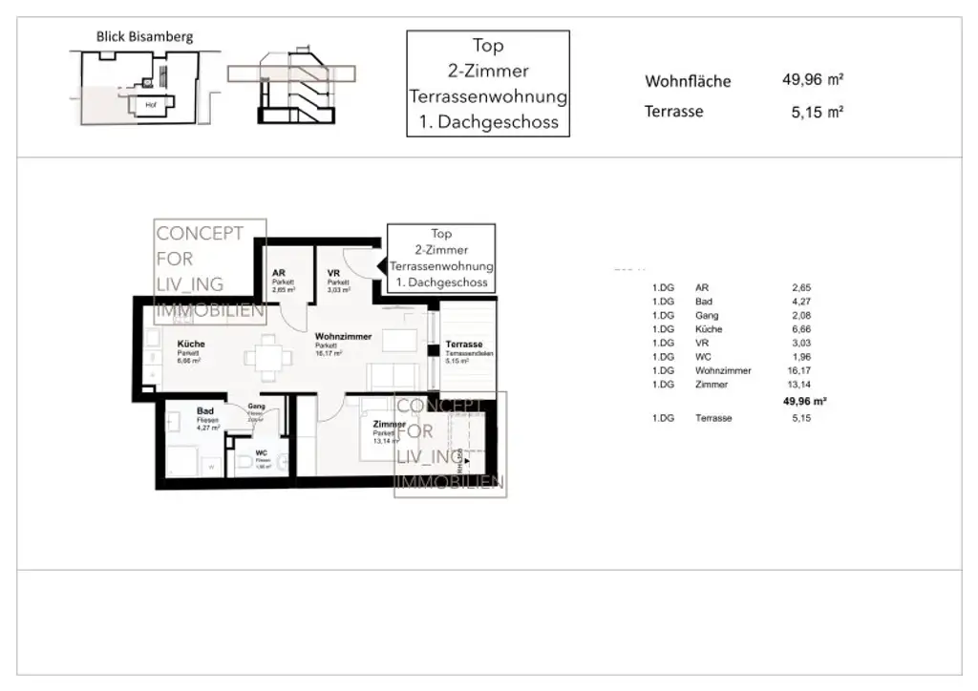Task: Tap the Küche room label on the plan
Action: coord(191,345)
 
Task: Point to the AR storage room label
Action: coord(278,273)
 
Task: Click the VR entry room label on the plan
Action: coord(333,273)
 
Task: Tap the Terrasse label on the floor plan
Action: coord(463,345)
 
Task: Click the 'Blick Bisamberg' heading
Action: coord(144,37)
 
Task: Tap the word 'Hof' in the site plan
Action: coord(150,104)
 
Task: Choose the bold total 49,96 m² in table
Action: coord(804,402)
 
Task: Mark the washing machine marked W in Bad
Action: coord(211,465)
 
